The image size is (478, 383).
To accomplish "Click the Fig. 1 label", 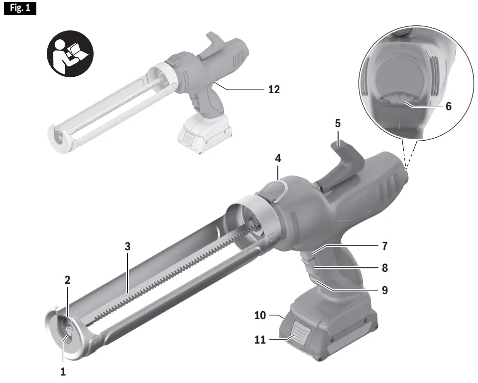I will (x=20, y=8).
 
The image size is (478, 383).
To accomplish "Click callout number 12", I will (x=274, y=89).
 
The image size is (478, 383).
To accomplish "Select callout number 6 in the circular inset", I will (x=449, y=106).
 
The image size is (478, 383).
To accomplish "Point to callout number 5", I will (x=338, y=123).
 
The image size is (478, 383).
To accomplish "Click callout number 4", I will (x=278, y=159).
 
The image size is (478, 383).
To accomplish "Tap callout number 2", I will (x=68, y=280).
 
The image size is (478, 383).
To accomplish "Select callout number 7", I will (x=384, y=246).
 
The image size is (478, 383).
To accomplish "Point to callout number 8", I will (x=384, y=268).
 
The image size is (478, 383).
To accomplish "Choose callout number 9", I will (x=384, y=289).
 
